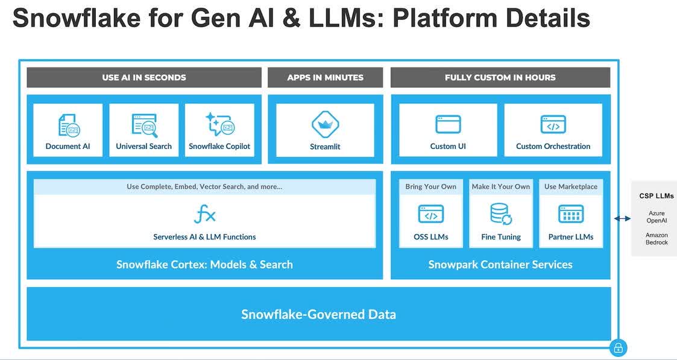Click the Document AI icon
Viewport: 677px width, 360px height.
coord(69,125)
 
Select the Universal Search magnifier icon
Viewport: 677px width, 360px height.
coord(143,125)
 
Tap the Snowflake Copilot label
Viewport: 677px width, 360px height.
coord(219,147)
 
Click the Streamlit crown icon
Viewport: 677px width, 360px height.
coord(325,124)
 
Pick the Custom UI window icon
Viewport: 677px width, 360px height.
coord(448,124)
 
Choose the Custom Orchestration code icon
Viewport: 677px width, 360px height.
coord(553,124)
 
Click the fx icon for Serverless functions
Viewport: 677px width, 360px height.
coord(204,215)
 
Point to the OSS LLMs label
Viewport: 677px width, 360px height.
coord(431,237)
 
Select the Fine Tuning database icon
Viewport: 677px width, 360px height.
coord(501,214)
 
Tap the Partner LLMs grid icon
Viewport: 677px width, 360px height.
coord(571,214)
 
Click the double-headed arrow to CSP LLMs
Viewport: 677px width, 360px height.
coord(622,219)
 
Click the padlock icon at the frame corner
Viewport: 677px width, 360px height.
coord(619,347)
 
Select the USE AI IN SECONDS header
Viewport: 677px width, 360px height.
coord(144,78)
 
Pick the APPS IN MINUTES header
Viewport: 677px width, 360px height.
coord(325,78)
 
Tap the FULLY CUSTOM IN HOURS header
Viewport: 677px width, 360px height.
coord(500,78)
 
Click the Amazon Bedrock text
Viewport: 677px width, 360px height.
coord(657,239)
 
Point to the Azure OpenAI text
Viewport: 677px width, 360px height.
coord(657,216)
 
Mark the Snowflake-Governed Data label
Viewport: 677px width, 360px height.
coord(319,314)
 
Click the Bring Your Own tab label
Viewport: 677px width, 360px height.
coord(431,187)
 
